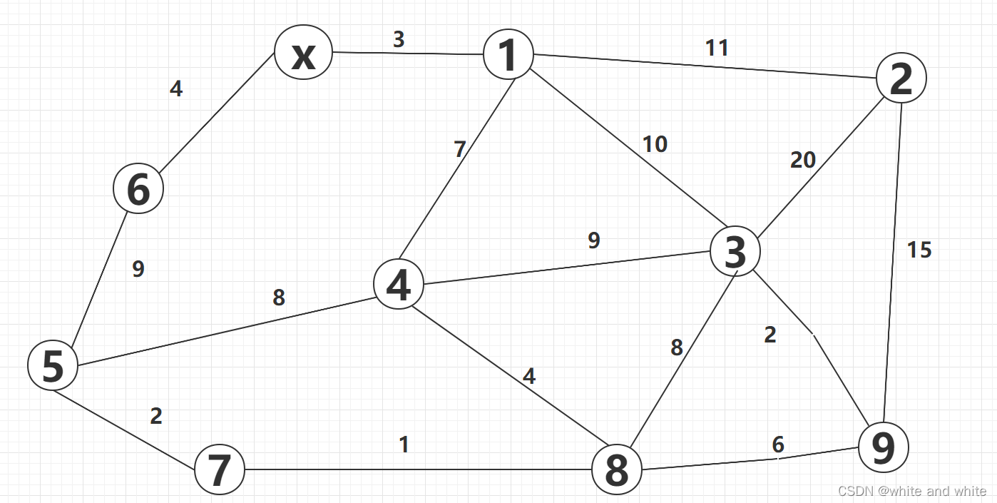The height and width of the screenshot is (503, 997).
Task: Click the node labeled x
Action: [x=303, y=54]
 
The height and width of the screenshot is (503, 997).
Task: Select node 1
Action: [x=508, y=55]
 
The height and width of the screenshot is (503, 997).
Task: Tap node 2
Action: [x=901, y=78]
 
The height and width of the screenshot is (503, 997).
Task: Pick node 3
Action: [x=735, y=252]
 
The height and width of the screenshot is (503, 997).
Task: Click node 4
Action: [x=399, y=284]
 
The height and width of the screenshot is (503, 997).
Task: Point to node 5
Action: [x=53, y=365]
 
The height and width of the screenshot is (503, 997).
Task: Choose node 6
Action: [x=138, y=189]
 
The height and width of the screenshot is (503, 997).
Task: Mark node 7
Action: [x=220, y=469]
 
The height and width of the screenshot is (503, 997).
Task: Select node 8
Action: [x=617, y=469]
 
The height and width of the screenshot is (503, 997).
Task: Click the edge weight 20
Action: [x=802, y=161]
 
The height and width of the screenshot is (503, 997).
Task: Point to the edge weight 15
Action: [x=919, y=250]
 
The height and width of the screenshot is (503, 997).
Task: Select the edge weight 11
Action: [x=717, y=48]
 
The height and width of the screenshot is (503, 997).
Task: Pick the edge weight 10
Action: [x=654, y=144]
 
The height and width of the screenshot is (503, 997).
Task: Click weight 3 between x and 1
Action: [x=399, y=40]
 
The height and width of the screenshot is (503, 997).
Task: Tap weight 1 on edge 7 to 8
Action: [x=404, y=444]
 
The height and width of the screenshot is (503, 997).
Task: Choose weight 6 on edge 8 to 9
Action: [x=778, y=444]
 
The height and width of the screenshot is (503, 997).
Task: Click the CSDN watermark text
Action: [x=912, y=491]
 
